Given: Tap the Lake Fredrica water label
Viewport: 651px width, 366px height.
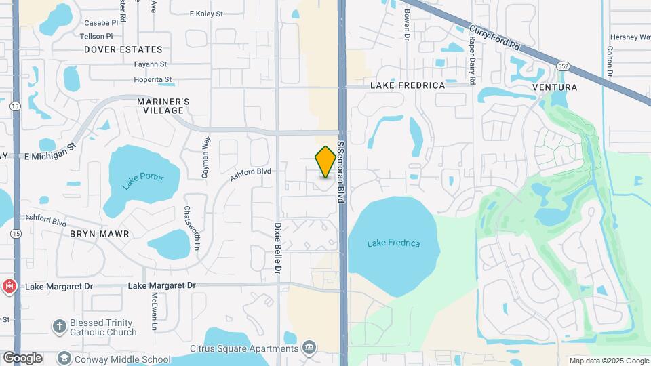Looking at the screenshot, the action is click(393, 243).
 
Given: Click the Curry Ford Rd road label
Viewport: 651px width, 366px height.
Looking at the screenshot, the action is click(494, 38).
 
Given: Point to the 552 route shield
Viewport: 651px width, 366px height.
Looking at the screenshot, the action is click(563, 67).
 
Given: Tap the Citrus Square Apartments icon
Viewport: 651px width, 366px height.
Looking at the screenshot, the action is click(310, 348).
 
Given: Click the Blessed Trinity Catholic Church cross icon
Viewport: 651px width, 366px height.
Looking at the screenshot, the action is click(59, 327).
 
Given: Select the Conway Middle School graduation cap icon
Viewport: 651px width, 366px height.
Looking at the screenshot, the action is click(64, 359).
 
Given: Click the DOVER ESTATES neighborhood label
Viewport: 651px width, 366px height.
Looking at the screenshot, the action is click(123, 49).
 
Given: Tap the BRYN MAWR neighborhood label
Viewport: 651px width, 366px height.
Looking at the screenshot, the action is click(99, 233).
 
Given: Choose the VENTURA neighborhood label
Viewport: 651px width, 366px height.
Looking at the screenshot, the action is click(555, 87).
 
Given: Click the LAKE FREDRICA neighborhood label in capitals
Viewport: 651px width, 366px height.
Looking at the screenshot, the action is click(408, 85).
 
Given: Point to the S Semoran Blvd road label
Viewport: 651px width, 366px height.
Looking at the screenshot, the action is click(342, 172).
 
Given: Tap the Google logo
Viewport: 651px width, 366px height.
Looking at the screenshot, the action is click(22, 358).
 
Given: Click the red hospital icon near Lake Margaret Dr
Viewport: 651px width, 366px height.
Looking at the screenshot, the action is click(9, 286).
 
